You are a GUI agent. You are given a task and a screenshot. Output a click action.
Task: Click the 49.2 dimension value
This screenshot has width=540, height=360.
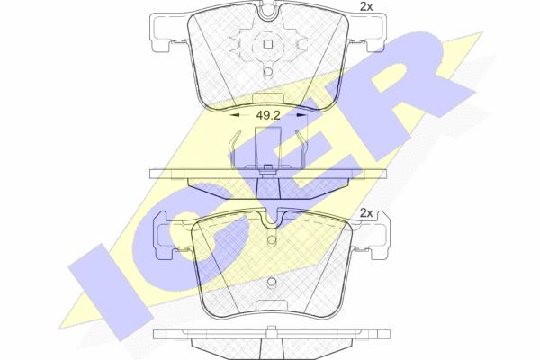(x=268, y=116)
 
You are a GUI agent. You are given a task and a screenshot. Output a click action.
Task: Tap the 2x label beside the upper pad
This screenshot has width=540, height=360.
(x=366, y=7)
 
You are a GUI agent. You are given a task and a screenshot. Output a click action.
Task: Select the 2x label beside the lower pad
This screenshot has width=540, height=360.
(x=366, y=213)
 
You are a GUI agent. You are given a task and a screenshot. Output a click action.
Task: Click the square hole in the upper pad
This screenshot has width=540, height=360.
(x=268, y=44)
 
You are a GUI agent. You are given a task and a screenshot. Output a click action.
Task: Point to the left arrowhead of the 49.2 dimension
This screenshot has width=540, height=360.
(x=234, y=116)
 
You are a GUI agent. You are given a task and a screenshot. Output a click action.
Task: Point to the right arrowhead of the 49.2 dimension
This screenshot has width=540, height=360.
(x=301, y=116)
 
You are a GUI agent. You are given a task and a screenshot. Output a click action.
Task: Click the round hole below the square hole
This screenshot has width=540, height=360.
(x=268, y=71)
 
